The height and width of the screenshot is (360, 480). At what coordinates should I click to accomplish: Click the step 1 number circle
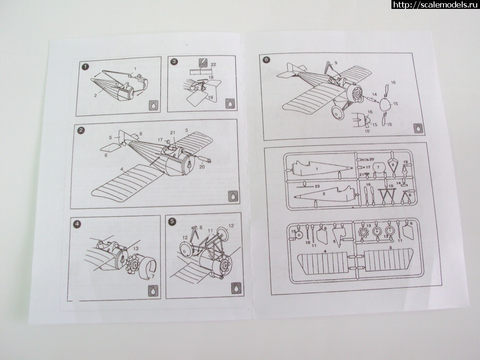(x=85, y=67)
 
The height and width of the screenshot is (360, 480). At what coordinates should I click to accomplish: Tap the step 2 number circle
(x=82, y=130)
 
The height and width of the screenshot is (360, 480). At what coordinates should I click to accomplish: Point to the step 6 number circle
(x=267, y=60)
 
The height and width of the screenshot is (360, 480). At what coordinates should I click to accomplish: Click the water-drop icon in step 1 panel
(x=153, y=105)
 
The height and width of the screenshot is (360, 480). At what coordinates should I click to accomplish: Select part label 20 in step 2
(x=202, y=165)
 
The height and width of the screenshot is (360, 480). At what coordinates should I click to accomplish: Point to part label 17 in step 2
(x=160, y=140)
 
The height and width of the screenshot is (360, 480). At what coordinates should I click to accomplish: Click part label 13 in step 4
(x=136, y=248)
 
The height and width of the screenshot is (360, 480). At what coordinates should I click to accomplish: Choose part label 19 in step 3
(x=211, y=97)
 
